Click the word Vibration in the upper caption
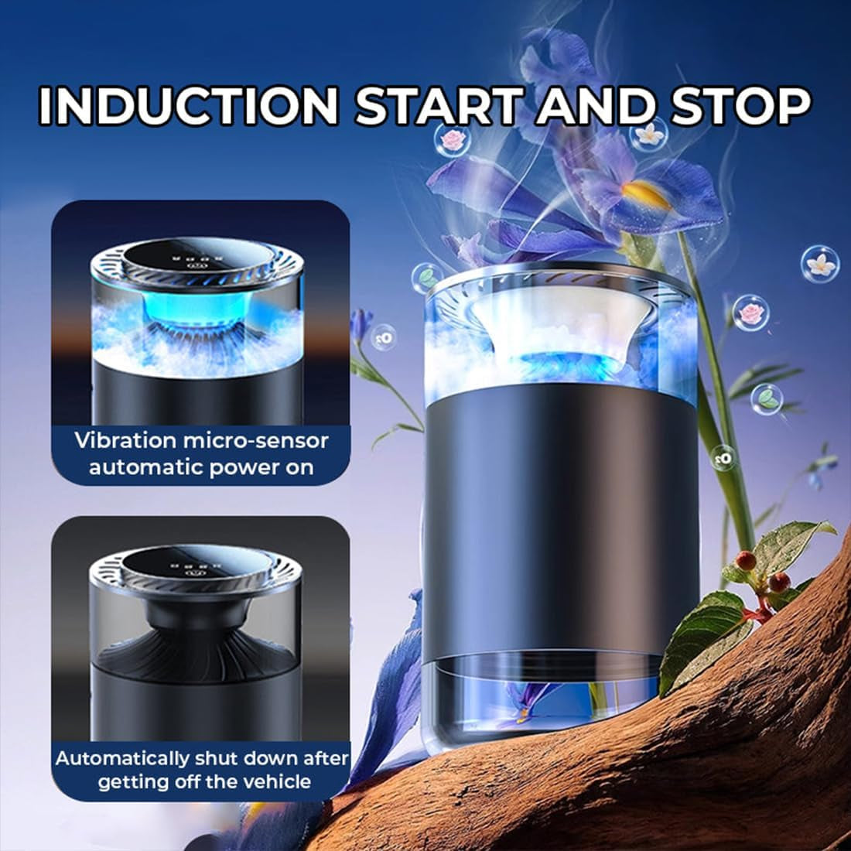[x=125, y=441]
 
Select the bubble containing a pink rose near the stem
[x=750, y=313]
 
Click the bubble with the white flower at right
[x=820, y=263]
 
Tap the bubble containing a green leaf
[x=767, y=398]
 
